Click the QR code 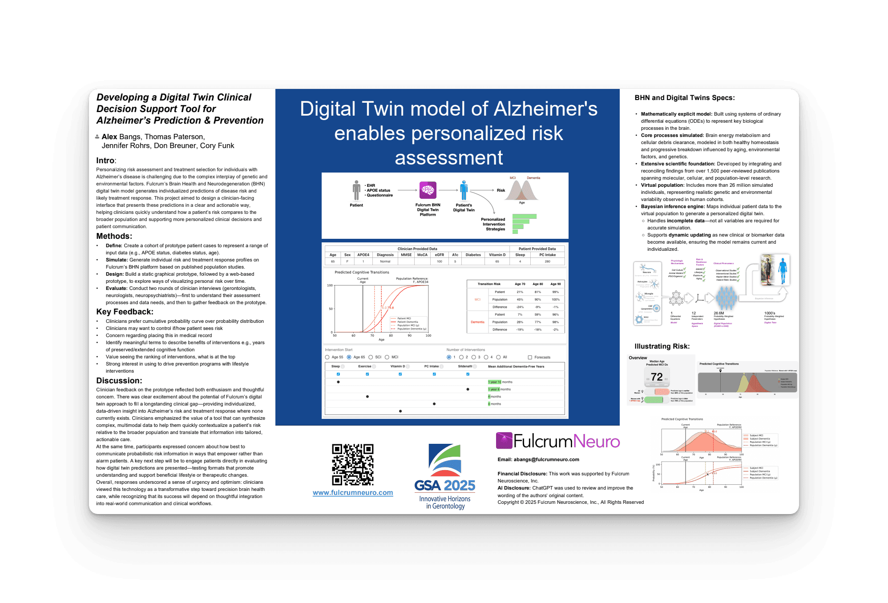(352, 464)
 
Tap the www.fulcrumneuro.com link (352, 493)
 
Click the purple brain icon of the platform (428, 190)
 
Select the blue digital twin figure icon (464, 190)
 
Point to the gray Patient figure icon (356, 190)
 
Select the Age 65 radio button (349, 357)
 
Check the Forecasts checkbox (530, 357)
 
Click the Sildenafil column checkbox (468, 374)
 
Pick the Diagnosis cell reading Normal (385, 261)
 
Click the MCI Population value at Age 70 (520, 299)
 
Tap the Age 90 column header (555, 284)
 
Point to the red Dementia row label (477, 322)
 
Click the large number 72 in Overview (657, 377)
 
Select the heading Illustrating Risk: (662, 346)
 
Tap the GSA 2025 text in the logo (444, 486)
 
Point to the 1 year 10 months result (500, 382)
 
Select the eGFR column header (439, 255)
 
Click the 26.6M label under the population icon (719, 313)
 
